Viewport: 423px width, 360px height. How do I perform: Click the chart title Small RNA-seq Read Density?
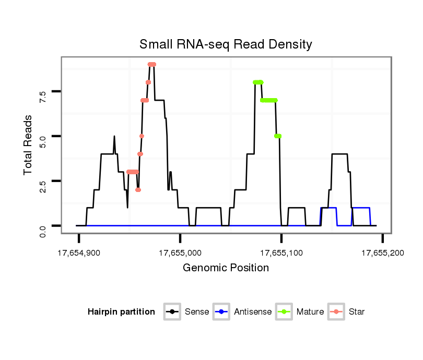coord(226,44)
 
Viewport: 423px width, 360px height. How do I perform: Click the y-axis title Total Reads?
coord(29,145)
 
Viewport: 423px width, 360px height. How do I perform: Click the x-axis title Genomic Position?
coord(226,268)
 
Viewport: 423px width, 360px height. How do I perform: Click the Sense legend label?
coord(197,312)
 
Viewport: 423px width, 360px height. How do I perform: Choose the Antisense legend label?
coord(253,312)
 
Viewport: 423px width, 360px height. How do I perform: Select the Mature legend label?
coord(310,312)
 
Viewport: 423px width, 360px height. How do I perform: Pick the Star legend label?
coord(357,312)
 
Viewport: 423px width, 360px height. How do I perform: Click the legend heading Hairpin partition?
coord(121,312)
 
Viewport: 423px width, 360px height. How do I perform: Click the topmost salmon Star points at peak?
coord(152,64)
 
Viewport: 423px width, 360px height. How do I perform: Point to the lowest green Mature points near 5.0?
coord(278,136)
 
